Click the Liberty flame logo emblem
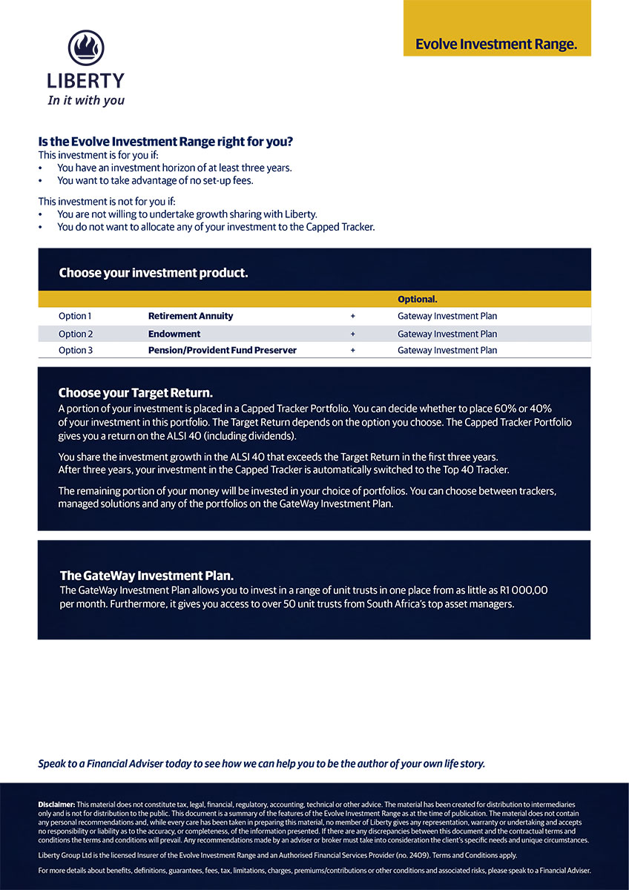(86, 48)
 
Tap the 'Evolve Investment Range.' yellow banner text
(495, 44)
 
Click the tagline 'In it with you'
(86, 100)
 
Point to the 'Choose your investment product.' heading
(153, 273)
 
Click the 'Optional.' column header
(418, 300)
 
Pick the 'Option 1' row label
(76, 316)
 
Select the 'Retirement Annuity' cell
(191, 316)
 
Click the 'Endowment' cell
(174, 334)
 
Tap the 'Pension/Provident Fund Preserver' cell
(223, 350)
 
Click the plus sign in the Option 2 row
(353, 334)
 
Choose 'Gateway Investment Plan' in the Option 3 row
(447, 350)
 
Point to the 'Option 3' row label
(76, 350)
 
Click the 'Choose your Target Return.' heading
(136, 393)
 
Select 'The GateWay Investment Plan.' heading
(147, 576)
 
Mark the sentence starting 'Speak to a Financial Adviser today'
(261, 764)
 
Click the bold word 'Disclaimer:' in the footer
(56, 805)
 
